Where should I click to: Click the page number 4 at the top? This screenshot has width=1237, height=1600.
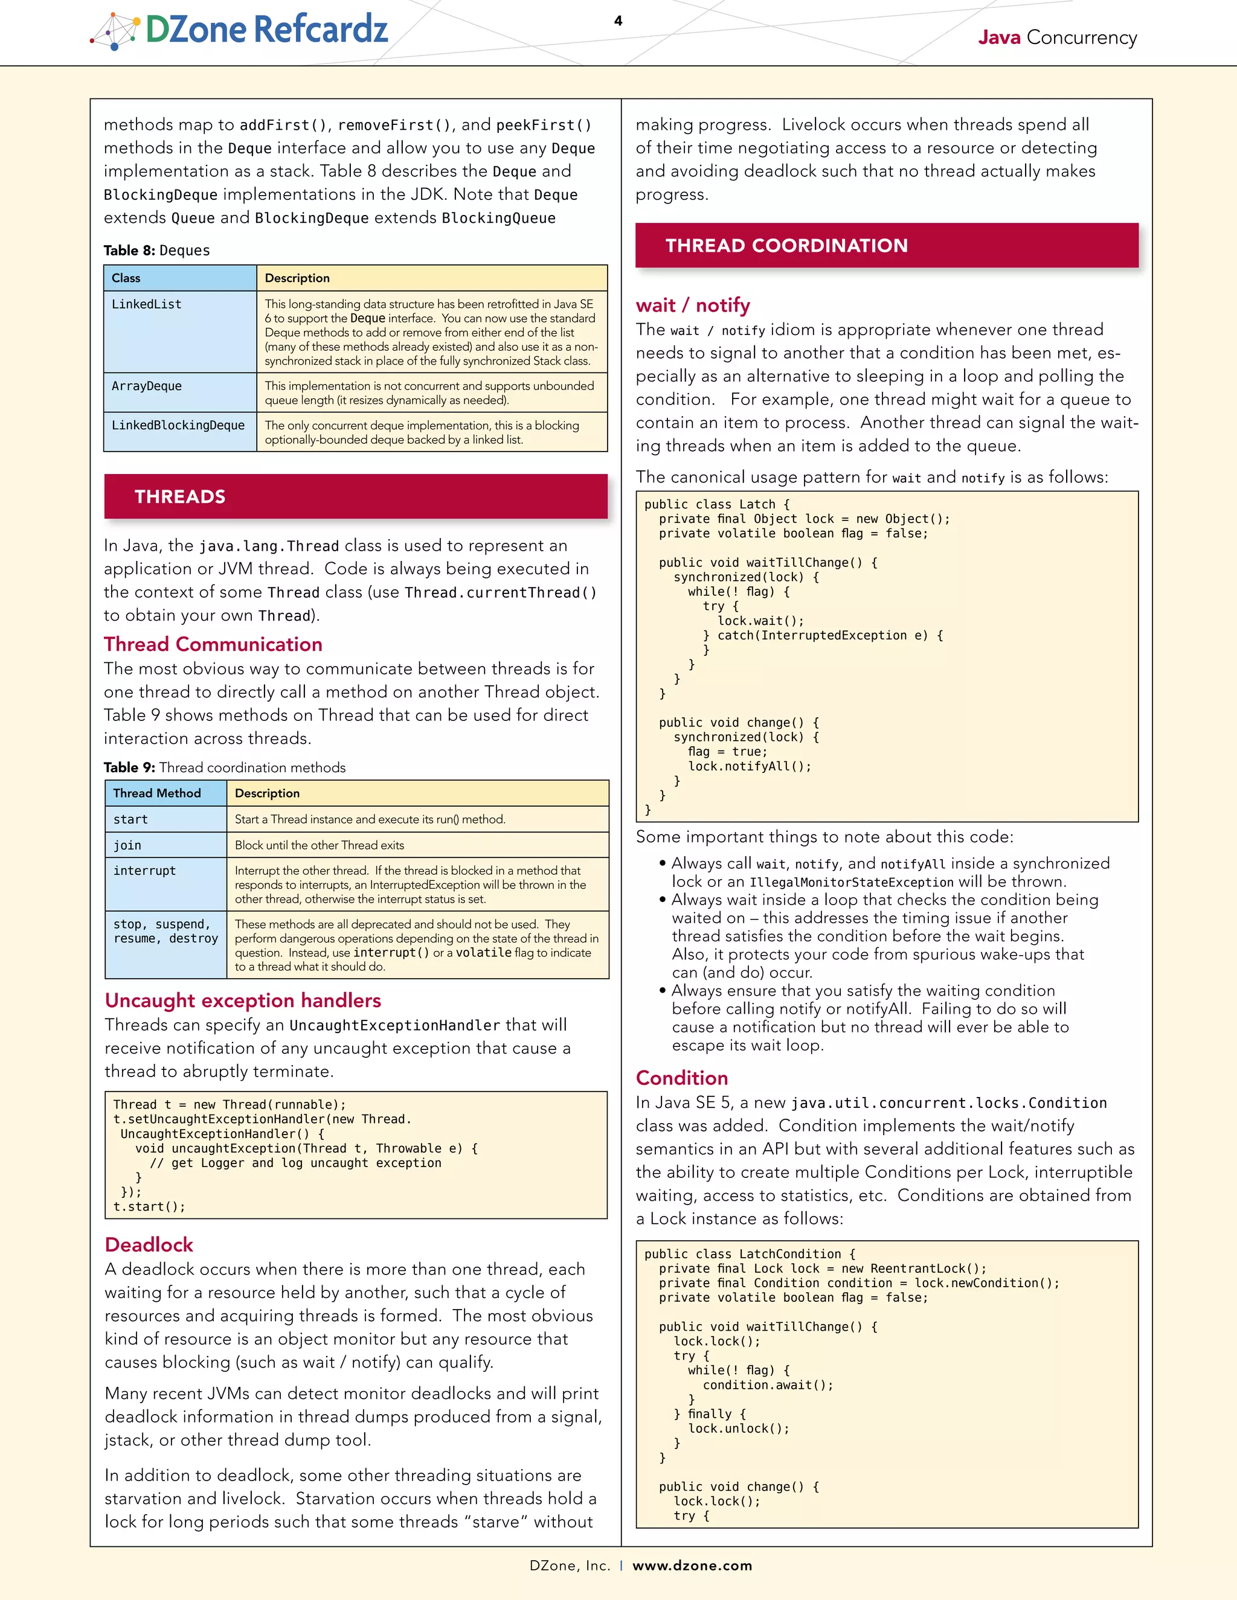[618, 21]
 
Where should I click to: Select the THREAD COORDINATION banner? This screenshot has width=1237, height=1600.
[887, 245]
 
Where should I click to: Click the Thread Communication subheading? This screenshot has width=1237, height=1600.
[213, 645]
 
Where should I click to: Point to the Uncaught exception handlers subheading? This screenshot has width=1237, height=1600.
[243, 1000]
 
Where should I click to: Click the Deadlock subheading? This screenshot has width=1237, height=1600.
[149, 1245]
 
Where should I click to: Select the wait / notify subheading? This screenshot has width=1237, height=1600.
[693, 306]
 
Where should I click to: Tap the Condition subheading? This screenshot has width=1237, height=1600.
[681, 1078]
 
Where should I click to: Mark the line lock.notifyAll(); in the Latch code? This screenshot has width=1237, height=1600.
[750, 766]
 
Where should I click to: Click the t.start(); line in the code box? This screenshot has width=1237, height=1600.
[150, 1206]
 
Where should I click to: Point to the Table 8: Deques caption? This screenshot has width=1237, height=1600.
[157, 251]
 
